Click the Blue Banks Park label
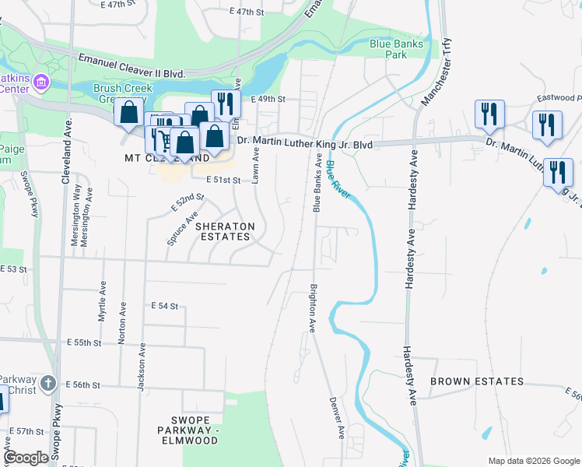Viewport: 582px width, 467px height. point(397,50)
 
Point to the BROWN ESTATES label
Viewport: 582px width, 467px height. point(476,381)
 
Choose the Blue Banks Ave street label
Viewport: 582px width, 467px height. point(317,183)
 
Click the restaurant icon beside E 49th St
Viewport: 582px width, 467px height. point(225,104)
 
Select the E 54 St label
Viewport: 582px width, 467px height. point(165,306)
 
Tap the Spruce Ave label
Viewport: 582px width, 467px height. point(180,228)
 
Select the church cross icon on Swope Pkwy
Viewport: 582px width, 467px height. point(48,383)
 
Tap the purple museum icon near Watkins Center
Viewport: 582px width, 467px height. point(42,83)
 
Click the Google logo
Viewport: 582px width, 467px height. point(26,458)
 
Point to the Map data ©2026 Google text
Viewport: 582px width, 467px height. point(532,461)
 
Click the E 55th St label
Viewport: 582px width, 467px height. point(85,342)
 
